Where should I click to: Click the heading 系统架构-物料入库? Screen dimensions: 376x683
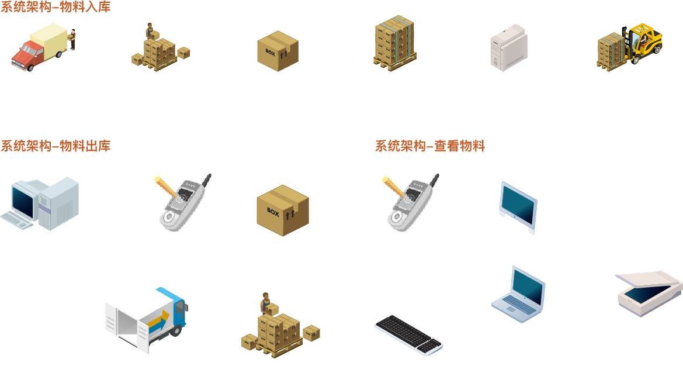pyautogui.click(x=56, y=8)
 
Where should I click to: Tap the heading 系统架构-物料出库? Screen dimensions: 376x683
pyautogui.click(x=56, y=146)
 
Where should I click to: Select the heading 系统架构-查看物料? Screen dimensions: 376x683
pyautogui.click(x=430, y=146)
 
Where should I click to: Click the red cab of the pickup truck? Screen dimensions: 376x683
pyautogui.click(x=26, y=56)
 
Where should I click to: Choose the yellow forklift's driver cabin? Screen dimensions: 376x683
pyautogui.click(x=645, y=41)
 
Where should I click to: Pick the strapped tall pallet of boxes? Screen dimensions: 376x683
pyautogui.click(x=395, y=41)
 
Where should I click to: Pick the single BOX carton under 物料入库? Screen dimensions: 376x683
pyautogui.click(x=278, y=51)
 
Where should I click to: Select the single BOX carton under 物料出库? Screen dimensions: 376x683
pyautogui.click(x=282, y=211)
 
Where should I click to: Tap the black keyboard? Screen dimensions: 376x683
pyautogui.click(x=408, y=334)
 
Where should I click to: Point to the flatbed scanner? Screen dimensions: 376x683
pyautogui.click(x=649, y=292)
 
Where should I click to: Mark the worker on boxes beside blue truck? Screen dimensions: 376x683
pyautogui.click(x=266, y=303)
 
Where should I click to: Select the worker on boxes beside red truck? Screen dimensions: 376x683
pyautogui.click(x=150, y=30)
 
